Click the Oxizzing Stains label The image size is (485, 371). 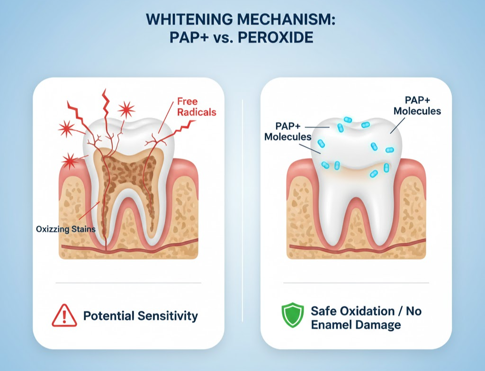66,229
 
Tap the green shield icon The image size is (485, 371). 292,316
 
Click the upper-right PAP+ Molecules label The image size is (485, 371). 417,106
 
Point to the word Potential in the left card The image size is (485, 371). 108,316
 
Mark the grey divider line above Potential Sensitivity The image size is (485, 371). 128,283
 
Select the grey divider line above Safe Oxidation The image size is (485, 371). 356,283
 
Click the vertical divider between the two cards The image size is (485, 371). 242,190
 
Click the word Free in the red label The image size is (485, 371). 187,101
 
